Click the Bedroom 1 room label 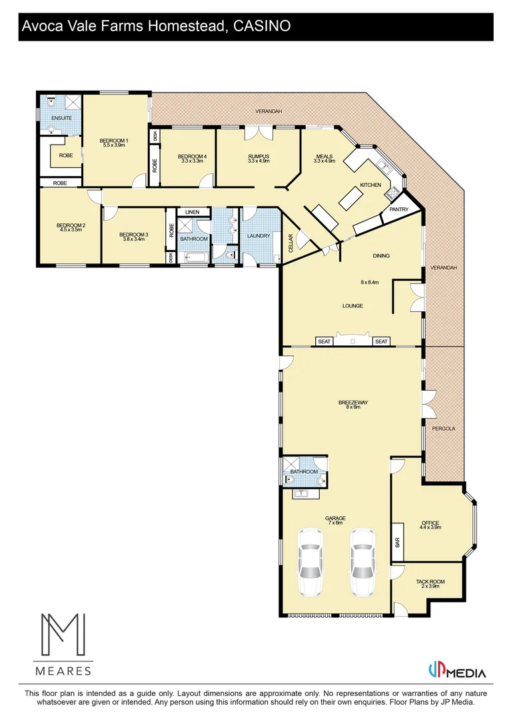(x=113, y=140)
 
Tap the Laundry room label (x=258, y=236)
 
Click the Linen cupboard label (x=193, y=212)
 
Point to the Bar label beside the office (x=398, y=543)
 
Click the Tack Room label (x=430, y=581)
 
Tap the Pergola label (x=444, y=429)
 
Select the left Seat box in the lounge (x=324, y=341)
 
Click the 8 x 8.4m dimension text (x=369, y=282)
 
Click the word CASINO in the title (x=262, y=27)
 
